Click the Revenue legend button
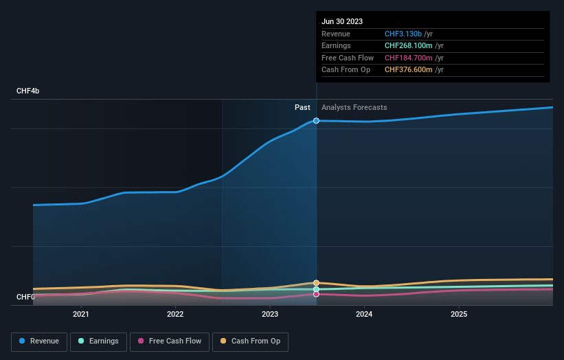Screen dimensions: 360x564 click(39, 341)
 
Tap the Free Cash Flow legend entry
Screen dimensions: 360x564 click(169, 341)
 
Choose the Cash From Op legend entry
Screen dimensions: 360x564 click(250, 341)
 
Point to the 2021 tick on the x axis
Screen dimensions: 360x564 click(81, 315)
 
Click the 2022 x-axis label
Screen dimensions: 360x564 click(175, 315)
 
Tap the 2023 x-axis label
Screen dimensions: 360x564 click(270, 315)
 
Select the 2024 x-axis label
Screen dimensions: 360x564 click(364, 315)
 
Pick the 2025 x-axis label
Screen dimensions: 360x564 click(459, 315)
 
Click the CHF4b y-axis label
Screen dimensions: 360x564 click(28, 91)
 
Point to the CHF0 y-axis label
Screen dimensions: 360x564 click(25, 297)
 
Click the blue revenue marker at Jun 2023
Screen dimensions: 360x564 click(317, 120)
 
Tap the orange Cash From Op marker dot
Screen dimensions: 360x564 click(317, 283)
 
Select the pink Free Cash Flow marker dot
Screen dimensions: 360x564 click(317, 294)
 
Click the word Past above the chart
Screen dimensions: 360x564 click(302, 107)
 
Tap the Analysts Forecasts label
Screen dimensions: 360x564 click(354, 107)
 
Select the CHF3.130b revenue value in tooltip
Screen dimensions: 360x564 click(403, 34)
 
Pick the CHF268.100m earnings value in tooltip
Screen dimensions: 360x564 click(408, 46)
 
